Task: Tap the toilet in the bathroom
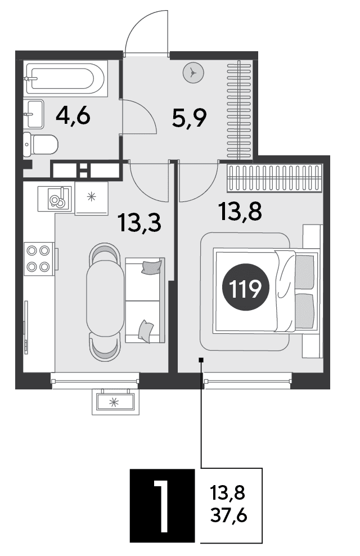click(40, 145)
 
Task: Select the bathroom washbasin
click(34, 114)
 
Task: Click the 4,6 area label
click(73, 116)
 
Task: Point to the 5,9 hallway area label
click(189, 118)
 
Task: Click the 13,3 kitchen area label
click(140, 223)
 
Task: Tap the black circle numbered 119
click(246, 288)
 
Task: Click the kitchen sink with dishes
click(55, 198)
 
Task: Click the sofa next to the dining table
click(145, 300)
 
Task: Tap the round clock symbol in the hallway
click(193, 73)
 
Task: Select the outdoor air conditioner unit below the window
click(116, 402)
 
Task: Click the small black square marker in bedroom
click(201, 360)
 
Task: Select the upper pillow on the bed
click(305, 272)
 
